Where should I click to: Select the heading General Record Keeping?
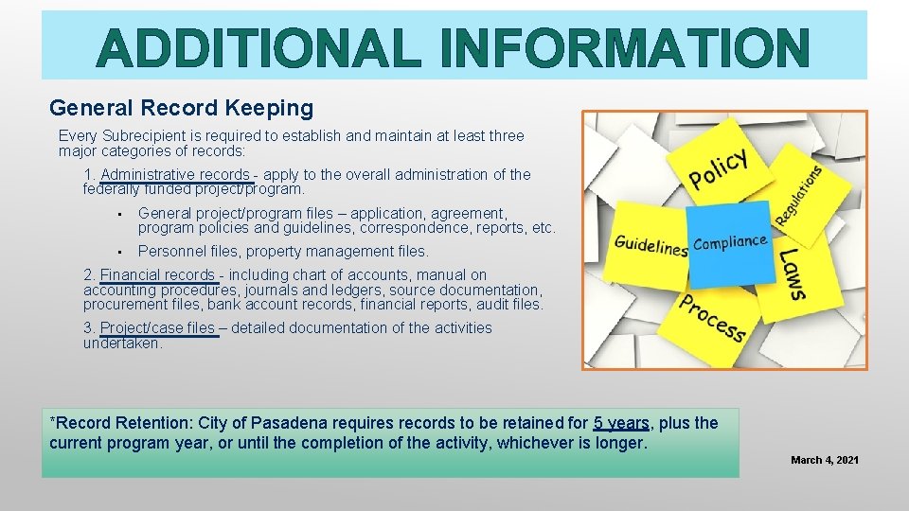click(181, 109)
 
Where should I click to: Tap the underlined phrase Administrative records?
click(175, 175)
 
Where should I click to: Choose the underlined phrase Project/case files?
click(157, 328)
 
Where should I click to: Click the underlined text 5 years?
click(621, 423)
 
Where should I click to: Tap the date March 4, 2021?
click(825, 460)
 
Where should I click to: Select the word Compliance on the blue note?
click(730, 243)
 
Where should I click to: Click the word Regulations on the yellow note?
click(797, 194)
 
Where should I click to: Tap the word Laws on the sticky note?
click(792, 274)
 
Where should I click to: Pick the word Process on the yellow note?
click(713, 317)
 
